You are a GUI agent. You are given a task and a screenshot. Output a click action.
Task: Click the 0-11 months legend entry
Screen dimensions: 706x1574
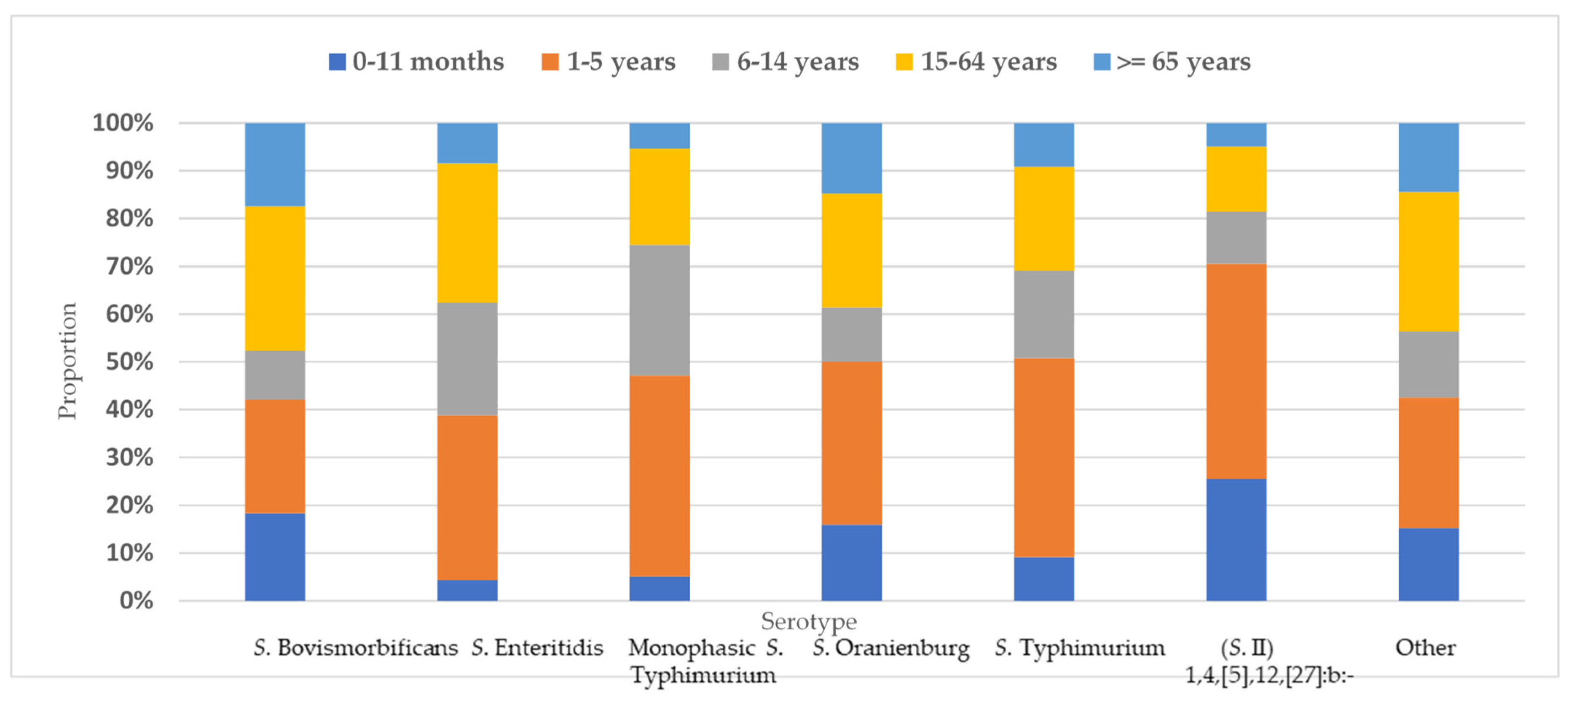coord(416,62)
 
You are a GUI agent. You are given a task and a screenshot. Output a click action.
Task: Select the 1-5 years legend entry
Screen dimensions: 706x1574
coord(609,62)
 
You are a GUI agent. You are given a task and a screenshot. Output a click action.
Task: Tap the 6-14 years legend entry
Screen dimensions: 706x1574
coord(786,62)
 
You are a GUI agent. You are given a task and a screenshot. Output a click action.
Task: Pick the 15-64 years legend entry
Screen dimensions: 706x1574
coord(976,62)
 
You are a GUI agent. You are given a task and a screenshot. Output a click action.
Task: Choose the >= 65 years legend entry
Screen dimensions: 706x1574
coord(1172,62)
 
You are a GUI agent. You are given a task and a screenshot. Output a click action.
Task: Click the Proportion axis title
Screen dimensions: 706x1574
coord(67,361)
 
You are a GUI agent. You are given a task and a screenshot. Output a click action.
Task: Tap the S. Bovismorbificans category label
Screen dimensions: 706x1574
coord(356,647)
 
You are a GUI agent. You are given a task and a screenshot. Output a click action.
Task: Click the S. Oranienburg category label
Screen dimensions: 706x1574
coord(891,647)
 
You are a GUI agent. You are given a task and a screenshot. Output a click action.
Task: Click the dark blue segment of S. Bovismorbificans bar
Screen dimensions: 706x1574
coord(275,556)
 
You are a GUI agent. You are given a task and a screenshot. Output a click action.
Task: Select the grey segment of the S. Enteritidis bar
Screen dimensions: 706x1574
coord(467,359)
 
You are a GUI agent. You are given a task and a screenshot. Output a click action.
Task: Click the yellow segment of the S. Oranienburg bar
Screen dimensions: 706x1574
coord(851,250)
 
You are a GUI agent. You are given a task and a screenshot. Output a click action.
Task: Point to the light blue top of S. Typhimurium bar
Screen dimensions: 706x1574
coord(1043,145)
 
